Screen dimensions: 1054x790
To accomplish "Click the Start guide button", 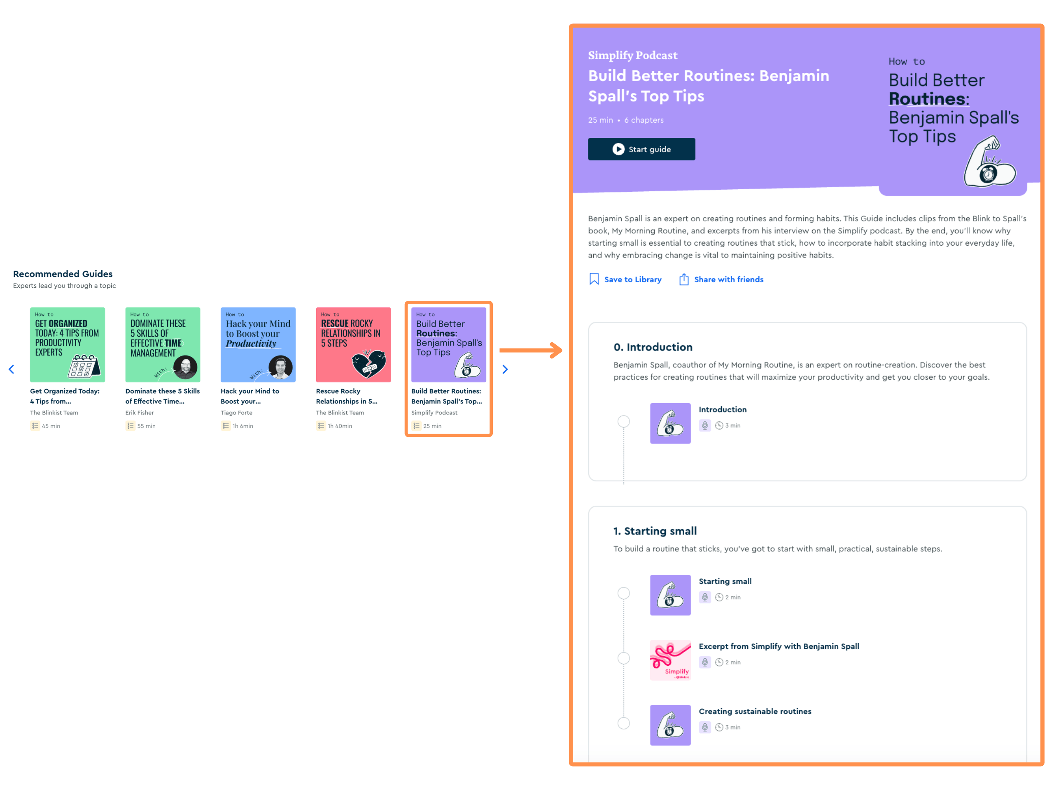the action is coord(641,149).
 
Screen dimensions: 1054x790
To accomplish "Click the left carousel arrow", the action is coord(12,369).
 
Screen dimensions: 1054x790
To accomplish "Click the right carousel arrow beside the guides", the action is coord(505,369).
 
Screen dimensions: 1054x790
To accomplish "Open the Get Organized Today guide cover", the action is coord(68,345).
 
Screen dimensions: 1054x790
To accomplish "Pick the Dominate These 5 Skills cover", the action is coord(163,345).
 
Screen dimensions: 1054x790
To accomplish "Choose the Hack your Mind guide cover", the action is coord(258,345).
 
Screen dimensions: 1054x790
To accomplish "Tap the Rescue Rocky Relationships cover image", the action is coord(354,345).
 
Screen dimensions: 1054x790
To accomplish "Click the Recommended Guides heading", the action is coord(63,274).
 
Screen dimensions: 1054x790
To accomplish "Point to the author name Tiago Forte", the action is coord(236,412).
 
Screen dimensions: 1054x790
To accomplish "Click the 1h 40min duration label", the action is coord(340,426).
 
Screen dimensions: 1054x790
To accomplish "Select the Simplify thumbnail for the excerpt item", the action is coord(670,660).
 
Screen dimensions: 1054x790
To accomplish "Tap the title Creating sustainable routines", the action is coord(755,711).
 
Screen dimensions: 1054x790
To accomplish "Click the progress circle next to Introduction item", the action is coord(623,421).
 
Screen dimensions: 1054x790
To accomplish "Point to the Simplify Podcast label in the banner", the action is coord(632,55).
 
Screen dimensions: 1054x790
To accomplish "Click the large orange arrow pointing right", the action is coord(531,350).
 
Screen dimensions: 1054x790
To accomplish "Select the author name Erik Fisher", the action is coord(140,412).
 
